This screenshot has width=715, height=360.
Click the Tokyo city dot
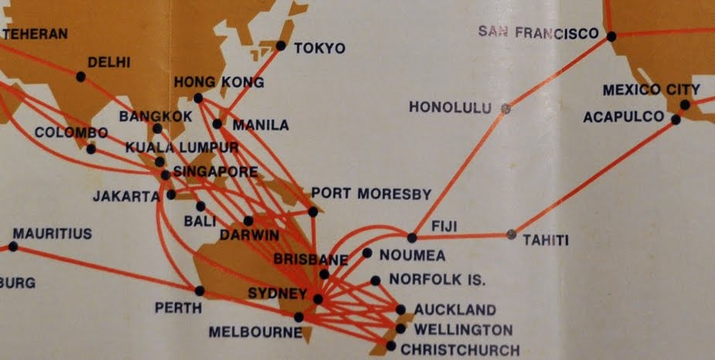click(x=281, y=46)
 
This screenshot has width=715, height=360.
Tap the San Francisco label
click(x=539, y=32)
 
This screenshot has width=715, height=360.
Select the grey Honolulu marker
click(x=506, y=109)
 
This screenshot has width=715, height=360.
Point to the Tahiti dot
click(x=510, y=233)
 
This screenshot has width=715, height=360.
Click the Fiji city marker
click(x=412, y=237)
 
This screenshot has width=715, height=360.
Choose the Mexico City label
click(x=652, y=90)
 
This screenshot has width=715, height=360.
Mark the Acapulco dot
click(x=676, y=120)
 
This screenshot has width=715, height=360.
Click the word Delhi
click(x=110, y=63)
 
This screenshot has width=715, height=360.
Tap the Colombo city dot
click(x=91, y=149)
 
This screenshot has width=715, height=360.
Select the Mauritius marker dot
click(x=13, y=247)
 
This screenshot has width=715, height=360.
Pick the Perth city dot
click(x=200, y=291)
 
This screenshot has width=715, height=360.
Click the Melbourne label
click(x=255, y=333)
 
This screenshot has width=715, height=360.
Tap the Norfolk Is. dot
click(x=376, y=280)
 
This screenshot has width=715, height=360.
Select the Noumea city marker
click(x=367, y=253)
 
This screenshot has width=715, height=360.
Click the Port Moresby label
click(x=371, y=194)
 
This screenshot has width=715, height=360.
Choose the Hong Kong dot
click(x=199, y=98)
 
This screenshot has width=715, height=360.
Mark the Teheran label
click(x=36, y=34)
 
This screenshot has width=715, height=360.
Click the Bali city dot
click(x=201, y=206)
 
